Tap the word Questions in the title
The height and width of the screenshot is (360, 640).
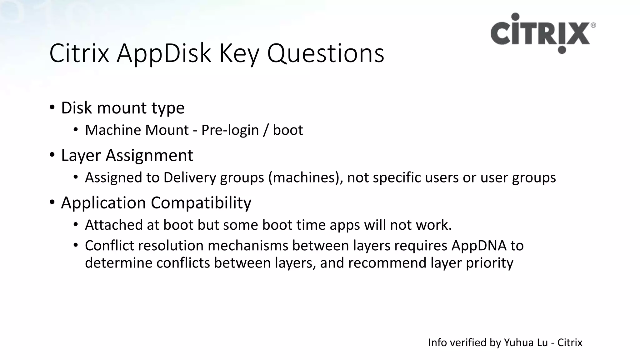click(325, 53)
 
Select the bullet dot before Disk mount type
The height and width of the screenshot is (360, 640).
click(52, 107)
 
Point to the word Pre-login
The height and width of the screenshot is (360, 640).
click(230, 130)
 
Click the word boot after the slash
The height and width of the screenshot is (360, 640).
click(288, 130)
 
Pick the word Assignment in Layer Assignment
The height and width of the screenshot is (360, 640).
click(149, 155)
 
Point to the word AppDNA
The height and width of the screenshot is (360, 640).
click(479, 246)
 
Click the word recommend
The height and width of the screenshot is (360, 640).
click(387, 263)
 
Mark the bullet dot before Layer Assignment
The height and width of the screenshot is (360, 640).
click(52, 155)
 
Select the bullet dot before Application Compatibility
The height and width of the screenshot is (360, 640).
click(52, 202)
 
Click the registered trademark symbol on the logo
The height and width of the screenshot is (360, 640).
click(593, 25)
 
